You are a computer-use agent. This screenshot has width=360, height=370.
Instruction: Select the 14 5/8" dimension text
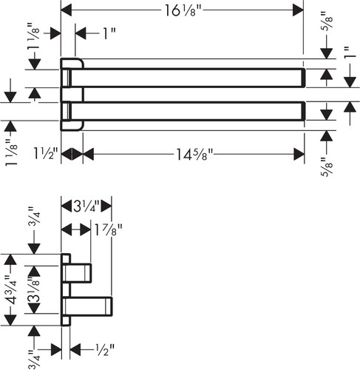(194, 155)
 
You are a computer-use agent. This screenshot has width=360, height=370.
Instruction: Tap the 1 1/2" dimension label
(46, 154)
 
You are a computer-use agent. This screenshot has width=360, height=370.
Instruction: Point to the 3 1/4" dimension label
(86, 206)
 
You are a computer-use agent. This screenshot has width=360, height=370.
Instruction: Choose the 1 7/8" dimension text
(107, 230)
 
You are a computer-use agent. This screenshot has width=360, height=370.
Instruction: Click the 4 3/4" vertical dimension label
(13, 289)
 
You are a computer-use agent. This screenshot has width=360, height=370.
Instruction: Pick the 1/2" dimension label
(105, 349)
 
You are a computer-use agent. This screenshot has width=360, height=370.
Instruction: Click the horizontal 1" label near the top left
(109, 33)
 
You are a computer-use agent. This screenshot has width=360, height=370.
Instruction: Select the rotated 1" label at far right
(350, 53)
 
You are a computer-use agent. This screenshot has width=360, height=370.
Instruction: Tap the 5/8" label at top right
(327, 21)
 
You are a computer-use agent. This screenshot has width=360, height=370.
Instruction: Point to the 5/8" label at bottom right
(327, 167)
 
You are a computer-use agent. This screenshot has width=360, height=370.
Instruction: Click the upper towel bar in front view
(186, 78)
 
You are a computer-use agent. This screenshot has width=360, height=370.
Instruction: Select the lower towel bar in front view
(186, 111)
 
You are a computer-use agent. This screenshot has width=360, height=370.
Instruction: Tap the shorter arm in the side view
(78, 273)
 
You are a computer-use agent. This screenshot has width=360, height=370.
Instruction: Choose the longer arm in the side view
(88, 306)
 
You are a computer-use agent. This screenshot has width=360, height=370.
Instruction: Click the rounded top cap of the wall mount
(72, 64)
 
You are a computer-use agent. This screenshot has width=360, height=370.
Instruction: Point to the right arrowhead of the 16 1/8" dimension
(298, 10)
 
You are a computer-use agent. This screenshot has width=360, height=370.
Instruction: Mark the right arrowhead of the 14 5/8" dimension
(299, 155)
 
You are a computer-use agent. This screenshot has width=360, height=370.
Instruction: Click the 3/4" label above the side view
(34, 216)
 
